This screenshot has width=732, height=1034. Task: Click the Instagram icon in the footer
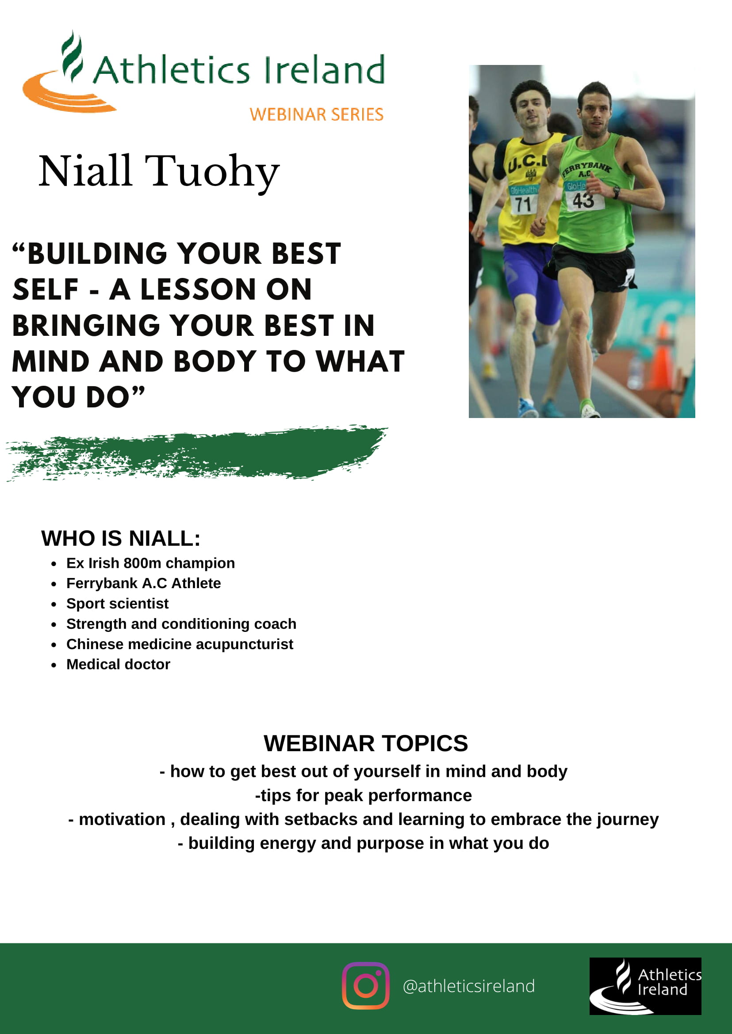click(x=365, y=985)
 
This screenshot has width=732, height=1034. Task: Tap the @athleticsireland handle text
click(x=469, y=986)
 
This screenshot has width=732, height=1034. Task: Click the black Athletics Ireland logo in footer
click(x=645, y=986)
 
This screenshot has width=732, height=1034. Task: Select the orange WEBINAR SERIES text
click(x=316, y=114)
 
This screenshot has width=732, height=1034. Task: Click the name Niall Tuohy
click(x=159, y=171)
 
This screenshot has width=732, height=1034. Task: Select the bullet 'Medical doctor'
click(x=118, y=664)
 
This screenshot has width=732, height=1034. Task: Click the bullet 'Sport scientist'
click(x=117, y=604)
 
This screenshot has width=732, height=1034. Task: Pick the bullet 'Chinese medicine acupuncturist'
click(x=180, y=644)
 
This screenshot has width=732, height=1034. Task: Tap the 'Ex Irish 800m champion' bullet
click(x=150, y=563)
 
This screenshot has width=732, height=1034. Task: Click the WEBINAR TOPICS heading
click(x=365, y=743)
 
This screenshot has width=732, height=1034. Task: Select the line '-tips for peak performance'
click(x=363, y=795)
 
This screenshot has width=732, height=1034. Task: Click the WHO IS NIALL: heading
click(x=121, y=538)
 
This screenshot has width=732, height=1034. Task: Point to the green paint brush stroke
click(x=196, y=452)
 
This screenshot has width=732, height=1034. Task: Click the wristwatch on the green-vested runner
click(x=616, y=193)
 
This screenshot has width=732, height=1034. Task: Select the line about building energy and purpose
click(x=363, y=843)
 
